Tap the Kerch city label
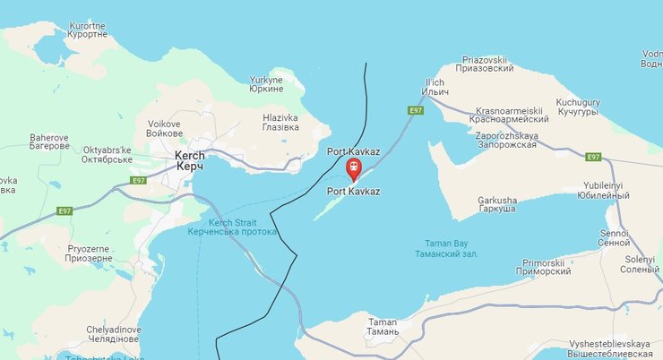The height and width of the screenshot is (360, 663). coord(189,161)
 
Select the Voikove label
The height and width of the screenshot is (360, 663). coord(165,129)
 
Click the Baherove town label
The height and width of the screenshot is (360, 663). coord(49,141)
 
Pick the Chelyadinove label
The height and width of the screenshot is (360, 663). coord(114,335)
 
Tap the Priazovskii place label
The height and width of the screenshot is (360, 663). coord(485,62)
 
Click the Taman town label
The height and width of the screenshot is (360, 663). coord(383,326)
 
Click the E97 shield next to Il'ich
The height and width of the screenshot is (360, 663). coord(415,110)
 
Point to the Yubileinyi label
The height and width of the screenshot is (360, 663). coord(607,191)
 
